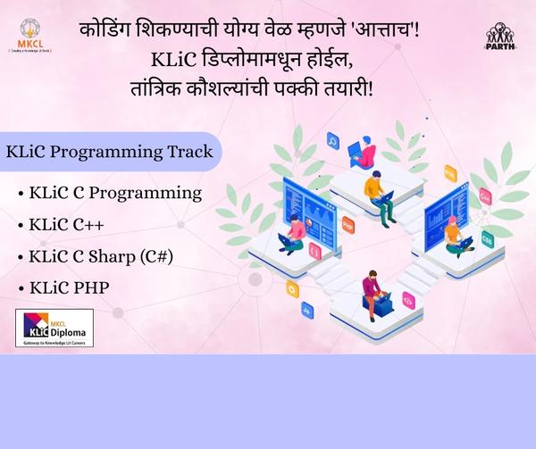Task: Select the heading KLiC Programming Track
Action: pos(109,151)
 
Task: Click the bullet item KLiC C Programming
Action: pos(115,192)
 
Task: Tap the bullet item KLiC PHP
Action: pos(69,289)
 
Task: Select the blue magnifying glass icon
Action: pos(333,139)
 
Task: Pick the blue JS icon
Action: pos(307,310)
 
